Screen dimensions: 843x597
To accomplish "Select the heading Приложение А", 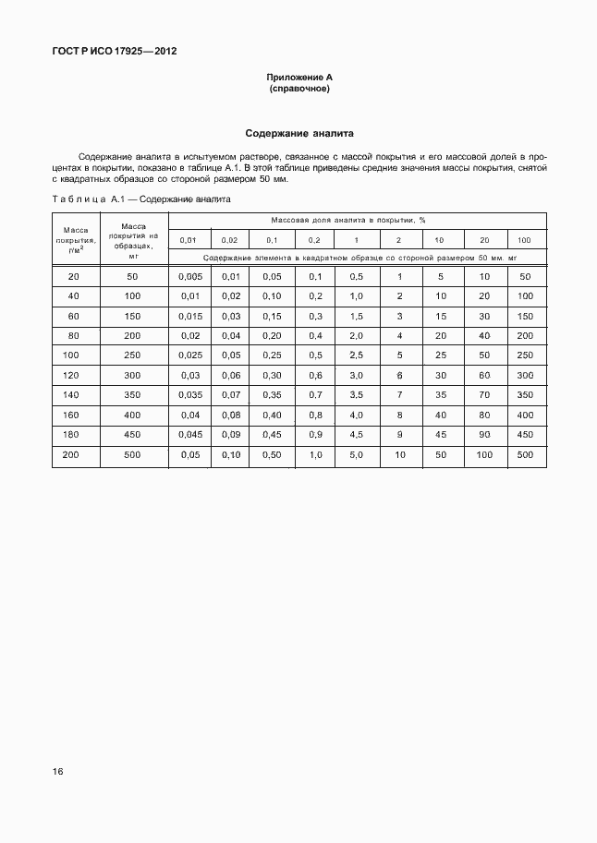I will (298, 78).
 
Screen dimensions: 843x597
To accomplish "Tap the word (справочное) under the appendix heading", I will (298, 89).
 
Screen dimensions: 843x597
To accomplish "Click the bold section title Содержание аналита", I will (298, 133).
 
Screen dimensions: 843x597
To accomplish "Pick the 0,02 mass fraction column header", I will (230, 239).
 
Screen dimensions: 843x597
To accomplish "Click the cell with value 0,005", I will (189, 277).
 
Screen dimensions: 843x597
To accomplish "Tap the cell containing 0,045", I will (189, 434).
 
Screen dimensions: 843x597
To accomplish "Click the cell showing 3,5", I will (356, 394).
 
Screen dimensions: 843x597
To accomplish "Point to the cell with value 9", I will (399, 434).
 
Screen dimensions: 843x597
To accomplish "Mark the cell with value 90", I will (483, 434).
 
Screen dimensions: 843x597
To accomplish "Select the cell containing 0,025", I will (189, 355).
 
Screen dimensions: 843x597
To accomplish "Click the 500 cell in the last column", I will (525, 454).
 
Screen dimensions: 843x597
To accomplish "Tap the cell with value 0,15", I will (272, 316).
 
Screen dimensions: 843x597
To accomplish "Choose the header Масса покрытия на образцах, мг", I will (133, 239).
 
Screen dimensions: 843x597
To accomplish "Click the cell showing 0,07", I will (230, 394).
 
